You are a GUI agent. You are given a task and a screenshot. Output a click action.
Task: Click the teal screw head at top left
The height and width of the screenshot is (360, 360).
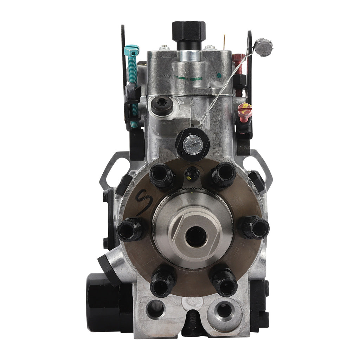coord(132,50)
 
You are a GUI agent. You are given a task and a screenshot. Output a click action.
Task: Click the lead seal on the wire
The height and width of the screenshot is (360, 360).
coord(263,45)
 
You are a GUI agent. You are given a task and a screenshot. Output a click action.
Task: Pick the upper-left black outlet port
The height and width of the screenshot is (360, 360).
coord(161,174)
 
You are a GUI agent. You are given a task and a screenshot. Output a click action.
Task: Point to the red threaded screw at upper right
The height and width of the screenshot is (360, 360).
coord(240,65)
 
